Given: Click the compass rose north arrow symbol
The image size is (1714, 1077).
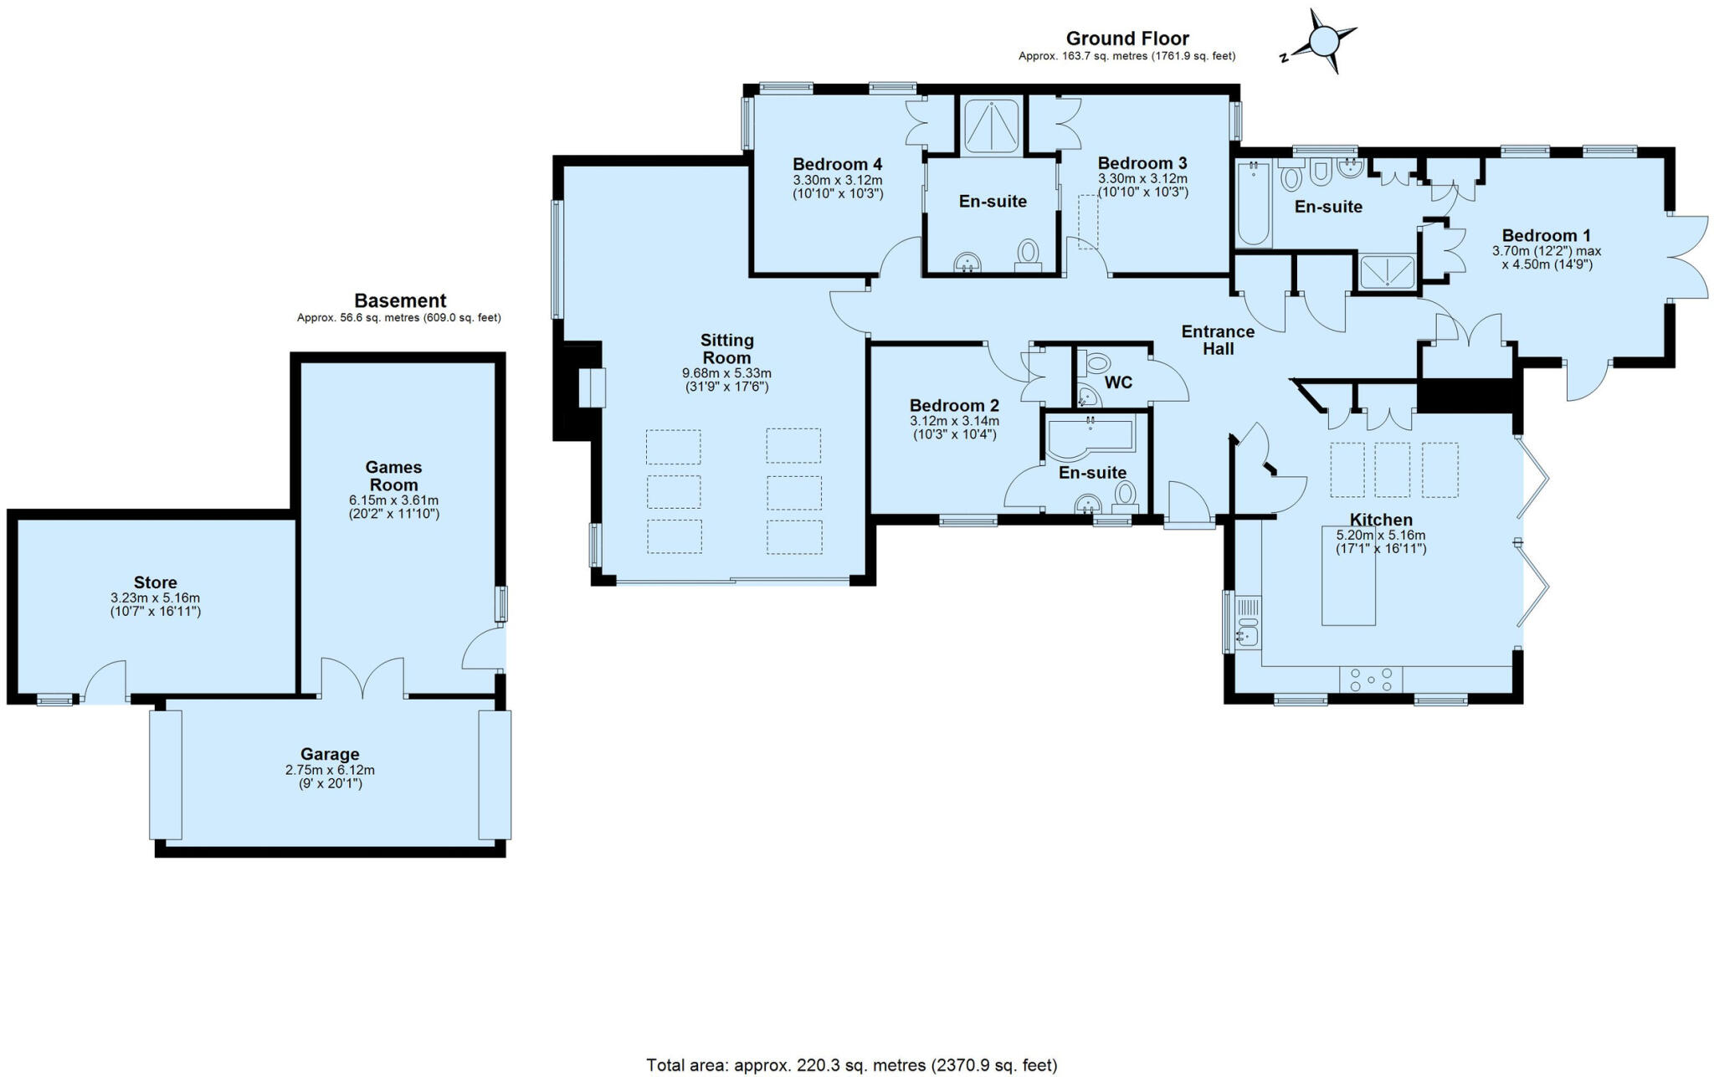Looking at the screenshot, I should (x=1324, y=41).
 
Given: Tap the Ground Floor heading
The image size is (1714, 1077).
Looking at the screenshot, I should (x=1126, y=38).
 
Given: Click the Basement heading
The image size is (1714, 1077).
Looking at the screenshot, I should (x=400, y=300).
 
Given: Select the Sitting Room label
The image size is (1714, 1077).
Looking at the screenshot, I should (x=726, y=348).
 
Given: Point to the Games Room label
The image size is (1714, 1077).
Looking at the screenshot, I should (x=393, y=475).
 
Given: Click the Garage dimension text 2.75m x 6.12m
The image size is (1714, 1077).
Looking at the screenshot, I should (x=330, y=770).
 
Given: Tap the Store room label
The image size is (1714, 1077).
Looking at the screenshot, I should (x=156, y=582).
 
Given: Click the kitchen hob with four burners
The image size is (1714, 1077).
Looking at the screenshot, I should (x=1371, y=679).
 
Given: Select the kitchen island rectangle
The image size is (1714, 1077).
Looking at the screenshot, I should (x=1348, y=576).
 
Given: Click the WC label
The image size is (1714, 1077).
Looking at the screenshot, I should (x=1118, y=382).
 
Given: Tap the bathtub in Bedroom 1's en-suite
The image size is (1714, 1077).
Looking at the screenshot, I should (x=1253, y=203).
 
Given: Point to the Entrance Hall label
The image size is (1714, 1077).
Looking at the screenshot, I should (x=1218, y=340).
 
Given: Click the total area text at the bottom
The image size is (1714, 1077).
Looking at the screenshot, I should (x=851, y=1065).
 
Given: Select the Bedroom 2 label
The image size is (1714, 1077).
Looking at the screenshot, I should (x=954, y=406).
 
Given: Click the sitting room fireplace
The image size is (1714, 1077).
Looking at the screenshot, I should (x=591, y=387).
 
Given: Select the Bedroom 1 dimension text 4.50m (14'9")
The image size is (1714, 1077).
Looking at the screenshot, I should (x=1547, y=264).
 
